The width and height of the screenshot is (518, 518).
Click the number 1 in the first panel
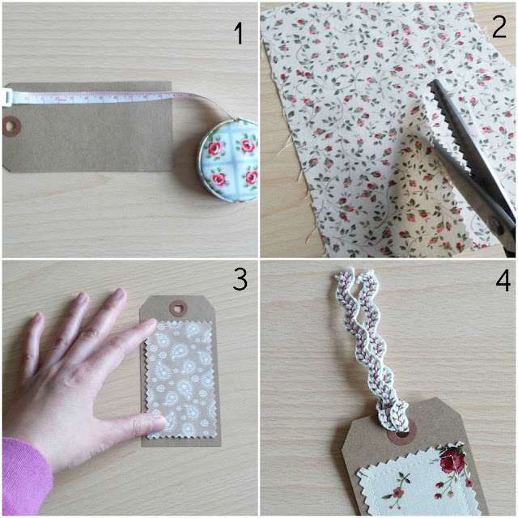tap(238, 34)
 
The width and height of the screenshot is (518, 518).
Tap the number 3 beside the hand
tap(240, 279)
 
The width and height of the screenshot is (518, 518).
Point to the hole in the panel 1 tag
tap(12, 126)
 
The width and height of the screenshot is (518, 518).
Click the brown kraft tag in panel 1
tap(89, 138)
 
